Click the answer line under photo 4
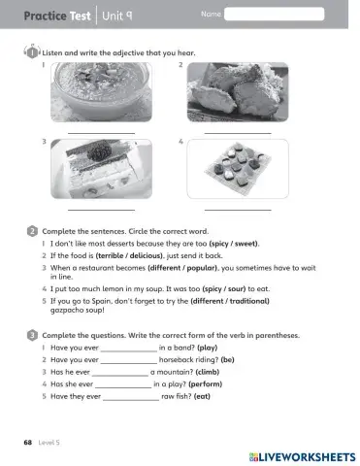coord(238,209)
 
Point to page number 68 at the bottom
coord(28,442)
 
